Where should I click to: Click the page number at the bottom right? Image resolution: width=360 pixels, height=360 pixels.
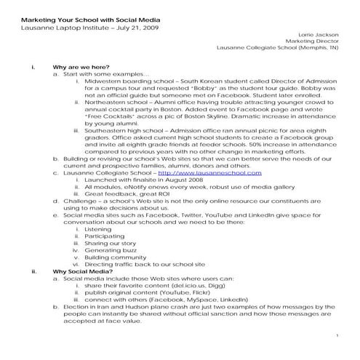[339, 335]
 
